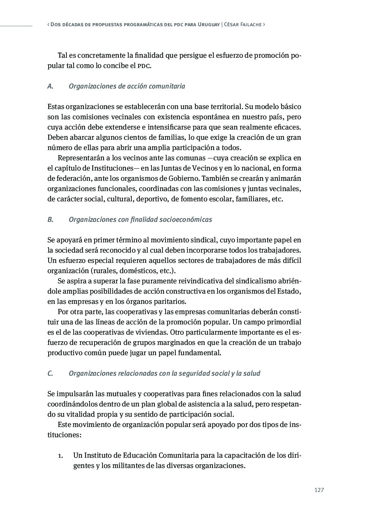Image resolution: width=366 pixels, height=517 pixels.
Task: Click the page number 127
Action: coord(319,490)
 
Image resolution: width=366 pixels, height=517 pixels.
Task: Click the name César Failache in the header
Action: coord(243,24)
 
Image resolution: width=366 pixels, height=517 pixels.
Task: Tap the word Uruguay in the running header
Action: coord(209,24)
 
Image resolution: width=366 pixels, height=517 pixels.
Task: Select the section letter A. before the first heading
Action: coord(50,86)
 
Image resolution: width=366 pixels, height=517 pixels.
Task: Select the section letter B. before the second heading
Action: coord(50,220)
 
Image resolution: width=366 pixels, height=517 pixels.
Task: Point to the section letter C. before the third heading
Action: coord(50,373)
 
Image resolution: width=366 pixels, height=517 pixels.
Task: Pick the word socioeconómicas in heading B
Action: coord(186,220)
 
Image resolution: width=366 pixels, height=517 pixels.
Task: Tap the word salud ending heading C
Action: coord(252,373)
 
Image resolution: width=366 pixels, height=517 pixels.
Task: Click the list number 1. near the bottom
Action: coord(60,455)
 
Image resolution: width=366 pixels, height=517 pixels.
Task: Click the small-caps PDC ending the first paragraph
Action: coord(144,66)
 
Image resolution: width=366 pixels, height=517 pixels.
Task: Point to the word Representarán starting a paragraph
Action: coord(80,158)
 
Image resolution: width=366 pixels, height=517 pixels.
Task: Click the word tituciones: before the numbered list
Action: coord(65,435)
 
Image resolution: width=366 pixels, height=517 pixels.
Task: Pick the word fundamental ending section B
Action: coord(202,353)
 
